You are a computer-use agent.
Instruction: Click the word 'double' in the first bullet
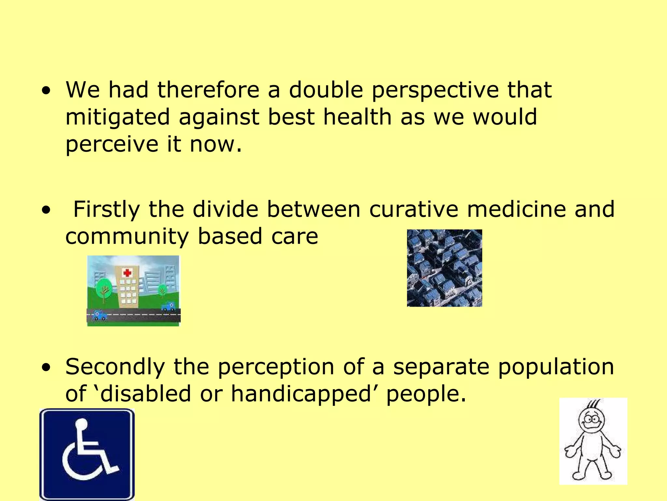(x=326, y=90)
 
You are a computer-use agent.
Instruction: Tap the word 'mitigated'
(x=118, y=117)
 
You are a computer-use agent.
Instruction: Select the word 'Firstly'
(x=106, y=209)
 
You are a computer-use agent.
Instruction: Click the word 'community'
(x=127, y=237)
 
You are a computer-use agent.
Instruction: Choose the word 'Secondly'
(x=115, y=367)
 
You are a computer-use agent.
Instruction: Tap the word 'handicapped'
(x=301, y=394)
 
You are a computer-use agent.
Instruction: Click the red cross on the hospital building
(x=127, y=272)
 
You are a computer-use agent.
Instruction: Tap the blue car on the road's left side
(x=99, y=315)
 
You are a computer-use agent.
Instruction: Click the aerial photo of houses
(x=444, y=268)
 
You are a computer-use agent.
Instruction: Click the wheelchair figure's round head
(x=81, y=424)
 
